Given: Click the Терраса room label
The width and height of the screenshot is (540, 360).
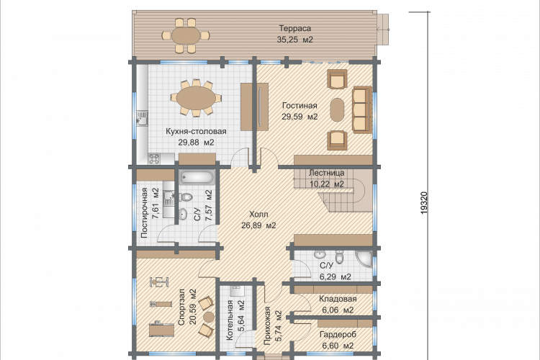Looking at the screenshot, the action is pos(294,28).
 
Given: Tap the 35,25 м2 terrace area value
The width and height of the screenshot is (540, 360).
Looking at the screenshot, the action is pos(294,40).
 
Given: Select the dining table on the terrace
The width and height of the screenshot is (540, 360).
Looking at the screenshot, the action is pos(186,35).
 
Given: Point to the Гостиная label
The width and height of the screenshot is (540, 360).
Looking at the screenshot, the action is pos(300,105).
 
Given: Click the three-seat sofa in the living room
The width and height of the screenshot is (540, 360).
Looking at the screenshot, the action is pos(361,109).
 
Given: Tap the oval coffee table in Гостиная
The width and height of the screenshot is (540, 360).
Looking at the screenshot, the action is pos(337,109).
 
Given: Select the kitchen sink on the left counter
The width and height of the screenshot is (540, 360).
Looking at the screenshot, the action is pos(142,118).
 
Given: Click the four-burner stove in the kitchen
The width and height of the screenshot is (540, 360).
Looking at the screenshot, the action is pos(154,159).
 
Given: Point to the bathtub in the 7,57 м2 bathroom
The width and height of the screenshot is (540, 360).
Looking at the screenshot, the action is pos(197,178).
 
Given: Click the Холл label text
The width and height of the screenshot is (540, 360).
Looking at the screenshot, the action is pos(258,215).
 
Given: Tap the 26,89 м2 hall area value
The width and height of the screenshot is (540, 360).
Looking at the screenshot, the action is pos(258,225).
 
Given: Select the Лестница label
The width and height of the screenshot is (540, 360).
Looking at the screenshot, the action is pos(326,173).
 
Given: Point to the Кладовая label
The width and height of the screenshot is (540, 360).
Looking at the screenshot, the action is pos(338,299).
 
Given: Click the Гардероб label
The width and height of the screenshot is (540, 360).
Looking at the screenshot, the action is pos(338,335).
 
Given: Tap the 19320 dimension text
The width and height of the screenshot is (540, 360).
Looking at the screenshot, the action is pos(424,203).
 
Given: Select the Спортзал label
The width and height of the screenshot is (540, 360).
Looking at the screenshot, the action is pos(181,307).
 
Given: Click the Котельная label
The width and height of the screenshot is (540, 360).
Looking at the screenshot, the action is pos(230,320).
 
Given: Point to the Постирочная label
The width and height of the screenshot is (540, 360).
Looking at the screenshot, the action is pos(144,213).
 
